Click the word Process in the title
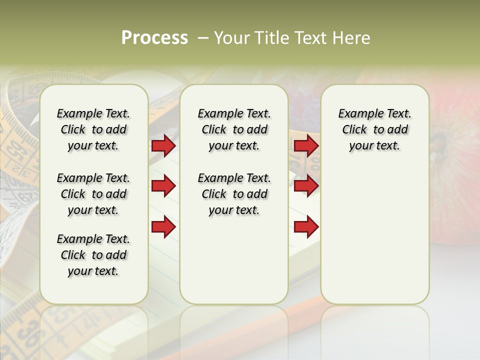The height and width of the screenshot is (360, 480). pyautogui.click(x=154, y=38)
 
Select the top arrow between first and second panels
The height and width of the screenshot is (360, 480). pyautogui.click(x=163, y=145)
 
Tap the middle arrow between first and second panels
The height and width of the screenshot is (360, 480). pyautogui.click(x=163, y=186)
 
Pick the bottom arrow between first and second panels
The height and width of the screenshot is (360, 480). pyautogui.click(x=163, y=227)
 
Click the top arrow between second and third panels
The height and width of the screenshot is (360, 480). pyautogui.click(x=306, y=145)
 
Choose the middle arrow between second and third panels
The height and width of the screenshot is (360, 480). pyautogui.click(x=306, y=186)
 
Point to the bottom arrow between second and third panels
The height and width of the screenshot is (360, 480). pyautogui.click(x=306, y=227)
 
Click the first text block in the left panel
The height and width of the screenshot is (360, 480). pyautogui.click(x=93, y=129)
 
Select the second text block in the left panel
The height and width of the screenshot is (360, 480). pyautogui.click(x=93, y=194)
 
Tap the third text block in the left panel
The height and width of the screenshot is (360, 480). pyautogui.click(x=93, y=255)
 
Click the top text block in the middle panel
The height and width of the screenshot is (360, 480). pyautogui.click(x=234, y=129)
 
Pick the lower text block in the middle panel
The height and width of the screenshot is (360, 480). pyautogui.click(x=234, y=194)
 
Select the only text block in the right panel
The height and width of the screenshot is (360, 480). pyautogui.click(x=374, y=129)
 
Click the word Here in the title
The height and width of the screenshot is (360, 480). pyautogui.click(x=352, y=38)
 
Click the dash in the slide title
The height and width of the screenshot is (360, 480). pyautogui.click(x=203, y=38)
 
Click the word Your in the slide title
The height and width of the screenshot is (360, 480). pyautogui.click(x=231, y=38)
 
